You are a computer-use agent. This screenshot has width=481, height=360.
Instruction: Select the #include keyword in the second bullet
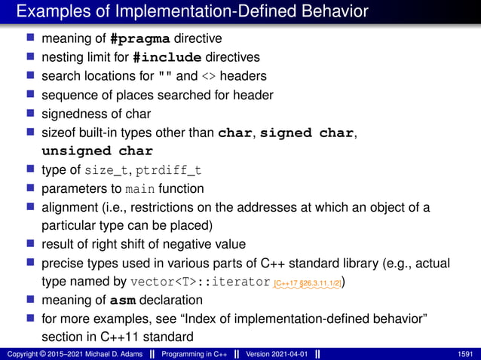coord(167,57)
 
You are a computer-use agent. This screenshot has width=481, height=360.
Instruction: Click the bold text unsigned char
coord(97,151)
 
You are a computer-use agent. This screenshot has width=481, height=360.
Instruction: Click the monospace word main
coord(139,188)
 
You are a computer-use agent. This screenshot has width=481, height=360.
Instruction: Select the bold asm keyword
coord(123,301)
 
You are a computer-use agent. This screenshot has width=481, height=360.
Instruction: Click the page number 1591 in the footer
coord(466,353)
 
